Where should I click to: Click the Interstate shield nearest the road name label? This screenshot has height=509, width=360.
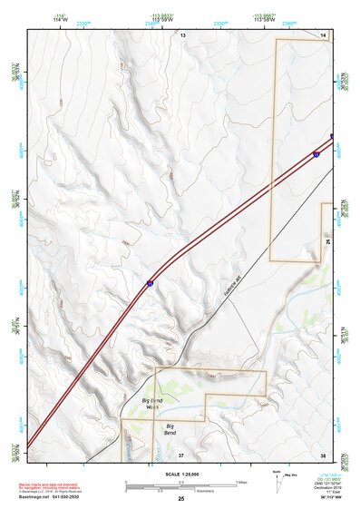click(150, 284)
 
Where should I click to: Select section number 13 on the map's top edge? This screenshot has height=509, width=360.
click(181, 34)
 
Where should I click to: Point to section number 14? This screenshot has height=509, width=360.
click(323, 34)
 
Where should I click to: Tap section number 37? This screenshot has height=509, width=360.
click(180, 454)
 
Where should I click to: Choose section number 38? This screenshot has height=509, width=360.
click(323, 454)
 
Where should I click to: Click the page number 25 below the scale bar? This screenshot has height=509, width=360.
click(180, 499)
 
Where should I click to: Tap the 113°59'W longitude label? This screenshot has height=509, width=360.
click(163, 20)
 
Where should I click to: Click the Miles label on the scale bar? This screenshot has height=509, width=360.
click(241, 482)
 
